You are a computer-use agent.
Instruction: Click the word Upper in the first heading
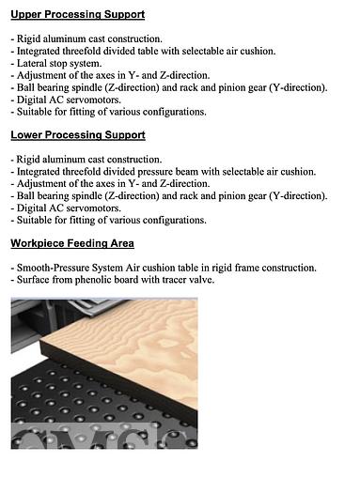pos(27,14)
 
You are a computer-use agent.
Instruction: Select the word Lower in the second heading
pos(28,135)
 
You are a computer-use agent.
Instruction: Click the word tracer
pos(178,280)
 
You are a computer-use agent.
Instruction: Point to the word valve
pos(207,280)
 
